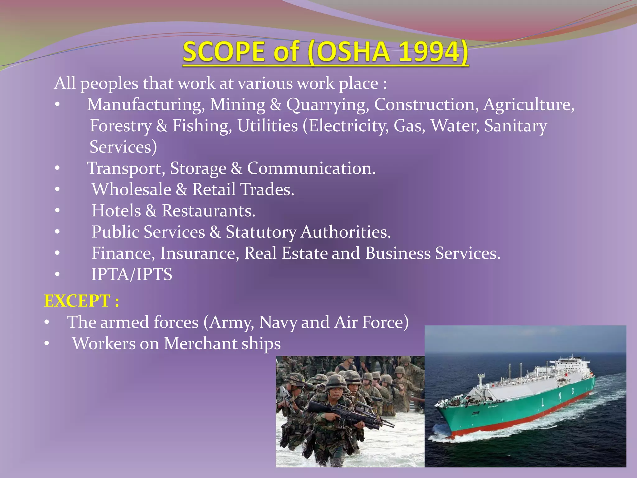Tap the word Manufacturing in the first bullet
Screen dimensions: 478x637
pos(146,105)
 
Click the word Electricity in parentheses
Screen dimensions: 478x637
pos(348,126)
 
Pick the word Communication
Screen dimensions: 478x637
pos(311,168)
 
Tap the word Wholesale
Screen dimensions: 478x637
pos(131,190)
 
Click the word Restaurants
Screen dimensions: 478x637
pos(208,211)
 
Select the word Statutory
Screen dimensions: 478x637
pos(261,232)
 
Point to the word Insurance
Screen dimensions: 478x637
pos(199,253)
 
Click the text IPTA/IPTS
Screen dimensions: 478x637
pos(132,274)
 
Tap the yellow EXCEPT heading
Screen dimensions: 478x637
pos(81,301)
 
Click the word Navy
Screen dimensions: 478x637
pos(278,322)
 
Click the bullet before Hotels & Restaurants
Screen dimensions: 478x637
pos(57,211)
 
